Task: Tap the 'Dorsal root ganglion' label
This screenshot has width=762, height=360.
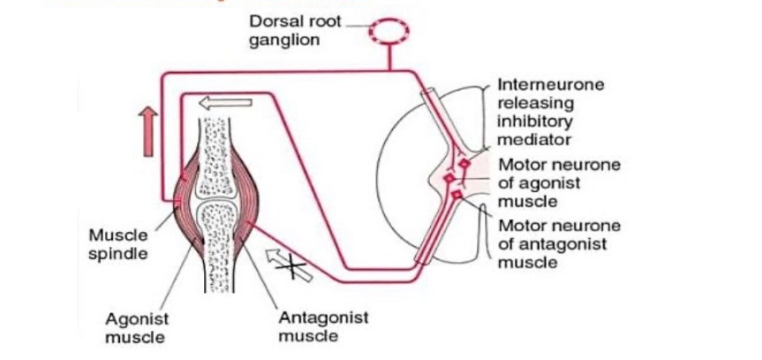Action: pos(295,30)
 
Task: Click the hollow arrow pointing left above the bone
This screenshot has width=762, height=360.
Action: pos(225,104)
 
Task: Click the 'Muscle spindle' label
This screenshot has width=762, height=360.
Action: pos(118,244)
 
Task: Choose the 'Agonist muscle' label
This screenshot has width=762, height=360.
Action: pos(136,327)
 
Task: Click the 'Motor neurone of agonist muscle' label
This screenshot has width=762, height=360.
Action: pos(559,183)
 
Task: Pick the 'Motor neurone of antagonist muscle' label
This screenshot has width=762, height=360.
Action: pos(559,244)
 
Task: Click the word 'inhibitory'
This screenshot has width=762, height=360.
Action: pos(535,121)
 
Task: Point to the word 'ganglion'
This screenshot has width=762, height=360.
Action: pos(284,39)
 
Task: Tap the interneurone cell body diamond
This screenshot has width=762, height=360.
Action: pos(464,164)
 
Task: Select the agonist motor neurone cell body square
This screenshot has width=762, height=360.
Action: pos(449,179)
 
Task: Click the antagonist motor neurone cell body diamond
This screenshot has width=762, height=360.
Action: pos(456,195)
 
